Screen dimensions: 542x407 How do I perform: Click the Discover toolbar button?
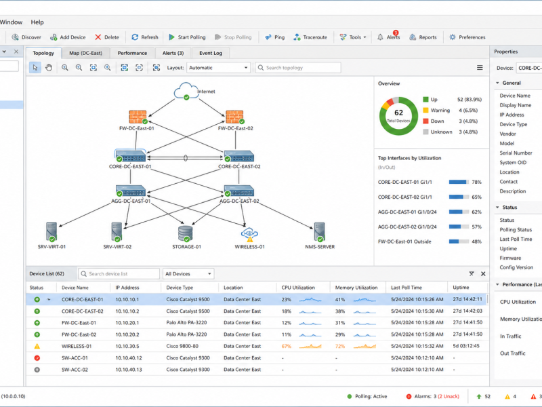26,37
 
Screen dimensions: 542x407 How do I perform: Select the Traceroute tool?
310,37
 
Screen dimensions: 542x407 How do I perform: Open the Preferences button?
467,37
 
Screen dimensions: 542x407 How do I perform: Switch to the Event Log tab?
211,53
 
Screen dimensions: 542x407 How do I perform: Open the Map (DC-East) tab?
85,53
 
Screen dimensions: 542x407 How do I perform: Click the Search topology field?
298,67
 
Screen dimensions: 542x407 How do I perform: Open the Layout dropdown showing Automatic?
218,67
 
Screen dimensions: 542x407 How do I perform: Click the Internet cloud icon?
186,91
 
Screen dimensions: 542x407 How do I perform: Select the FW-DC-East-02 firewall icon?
234,117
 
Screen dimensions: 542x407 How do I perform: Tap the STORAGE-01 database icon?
186,233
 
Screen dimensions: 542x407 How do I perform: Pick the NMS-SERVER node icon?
319,232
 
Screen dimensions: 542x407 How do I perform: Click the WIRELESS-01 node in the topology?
249,234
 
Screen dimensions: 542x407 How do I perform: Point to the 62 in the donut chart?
398,113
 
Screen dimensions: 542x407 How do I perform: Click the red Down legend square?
425,121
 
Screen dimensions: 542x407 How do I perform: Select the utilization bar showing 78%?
459,182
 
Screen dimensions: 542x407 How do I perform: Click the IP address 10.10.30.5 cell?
127,346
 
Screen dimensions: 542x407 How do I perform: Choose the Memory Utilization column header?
356,288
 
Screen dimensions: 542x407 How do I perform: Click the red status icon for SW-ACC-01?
37,358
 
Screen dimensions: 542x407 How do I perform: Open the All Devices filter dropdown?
188,274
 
